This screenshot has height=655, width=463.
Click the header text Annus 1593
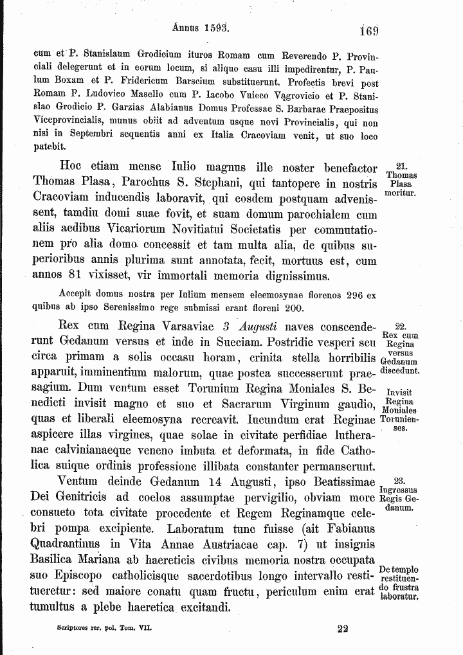click(201, 28)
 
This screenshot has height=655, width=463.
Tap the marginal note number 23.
click(399, 480)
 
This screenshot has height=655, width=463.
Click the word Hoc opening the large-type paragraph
click(72, 169)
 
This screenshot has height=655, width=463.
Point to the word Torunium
click(216, 388)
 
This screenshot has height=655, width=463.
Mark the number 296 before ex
click(354, 295)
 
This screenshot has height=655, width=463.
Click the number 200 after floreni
click(293, 307)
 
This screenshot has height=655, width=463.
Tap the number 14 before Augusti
click(215, 481)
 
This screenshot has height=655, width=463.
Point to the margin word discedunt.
click(399, 371)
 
